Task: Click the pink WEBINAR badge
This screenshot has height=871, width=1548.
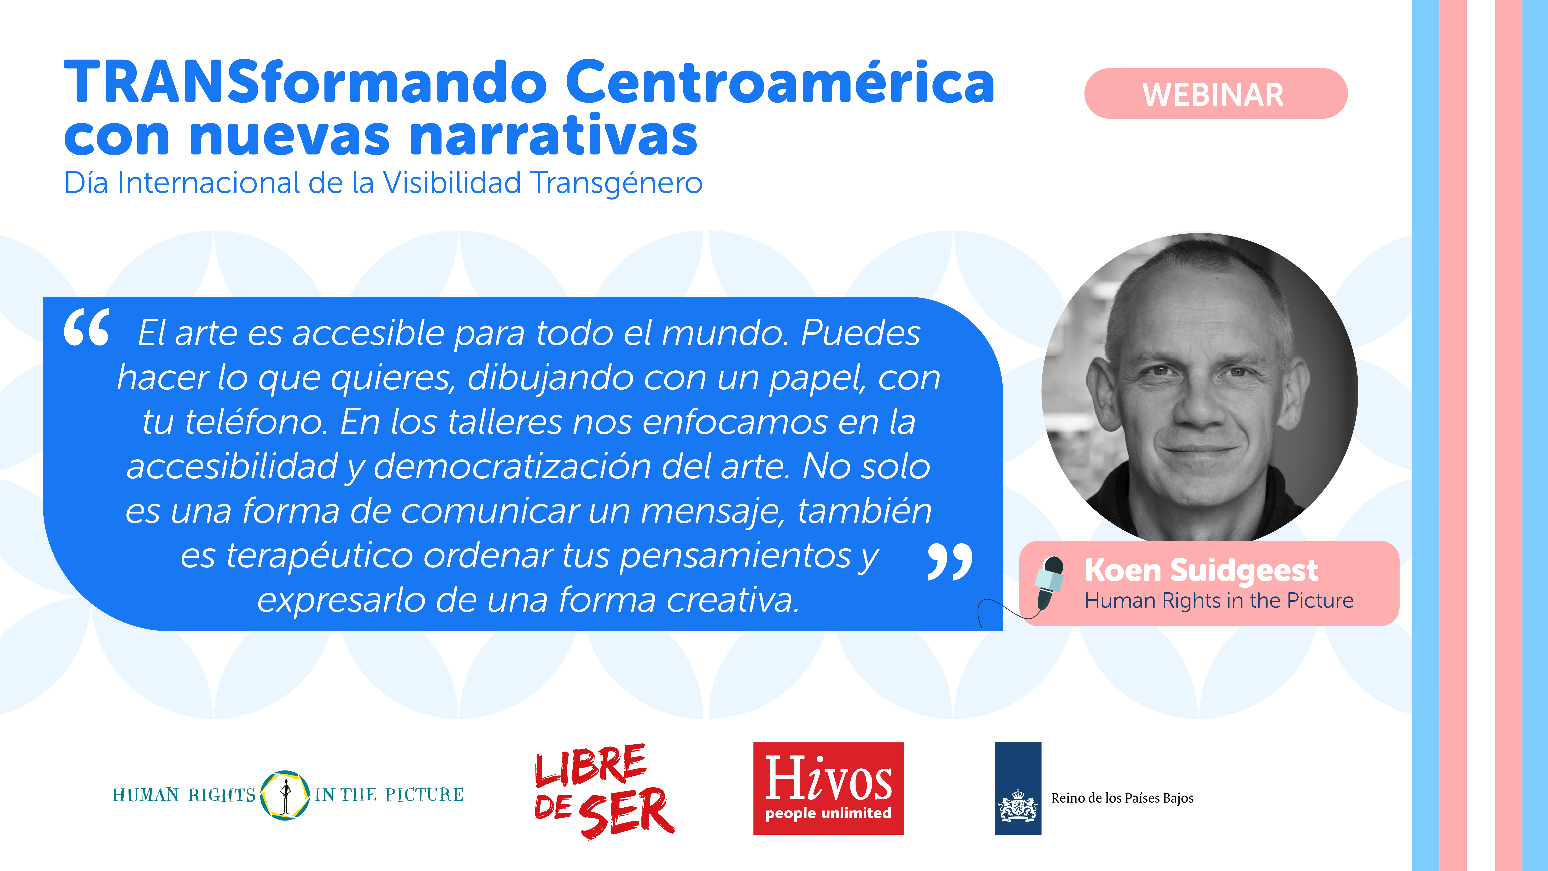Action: click(1216, 94)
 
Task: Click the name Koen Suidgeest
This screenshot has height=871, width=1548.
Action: click(1201, 571)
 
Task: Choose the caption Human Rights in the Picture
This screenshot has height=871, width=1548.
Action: click(1219, 601)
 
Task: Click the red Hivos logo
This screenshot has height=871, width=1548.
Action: click(828, 788)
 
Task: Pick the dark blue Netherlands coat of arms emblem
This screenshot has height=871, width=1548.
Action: click(1018, 788)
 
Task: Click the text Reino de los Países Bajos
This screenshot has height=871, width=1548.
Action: click(1122, 798)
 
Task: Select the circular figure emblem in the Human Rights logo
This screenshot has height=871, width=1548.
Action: click(285, 795)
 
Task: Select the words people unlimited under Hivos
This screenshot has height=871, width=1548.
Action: click(828, 813)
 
